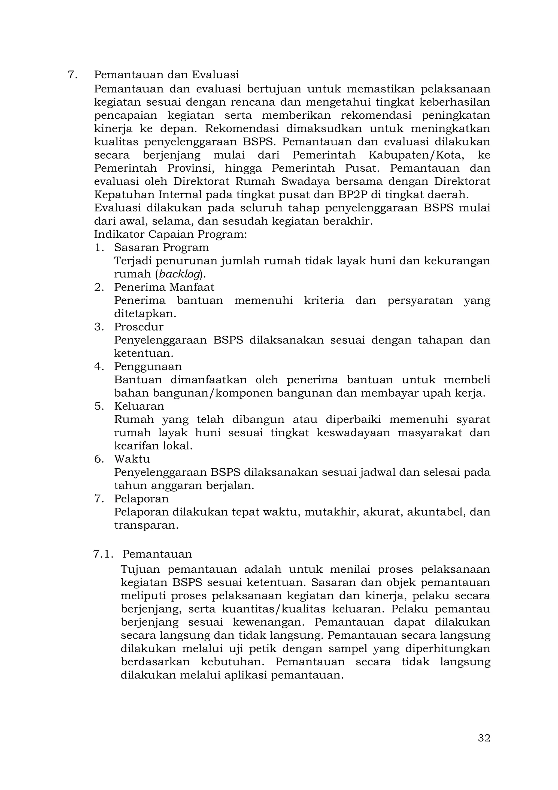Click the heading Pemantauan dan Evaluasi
[167, 75]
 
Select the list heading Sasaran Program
[162, 247]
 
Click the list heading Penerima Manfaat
[164, 287]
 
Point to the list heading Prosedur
[139, 327]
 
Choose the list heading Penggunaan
[148, 366]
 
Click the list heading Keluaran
[139, 406]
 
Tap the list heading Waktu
[132, 459]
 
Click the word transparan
[146, 525]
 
